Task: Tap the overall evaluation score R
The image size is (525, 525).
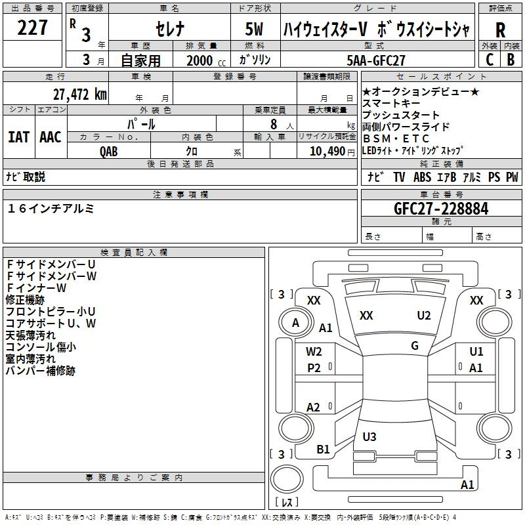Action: (500, 31)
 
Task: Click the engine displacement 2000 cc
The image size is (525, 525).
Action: (203, 60)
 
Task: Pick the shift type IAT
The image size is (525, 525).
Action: (18, 137)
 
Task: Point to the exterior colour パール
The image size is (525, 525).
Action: (141, 123)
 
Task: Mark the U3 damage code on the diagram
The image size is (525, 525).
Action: (369, 437)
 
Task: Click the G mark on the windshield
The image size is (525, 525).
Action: (415, 346)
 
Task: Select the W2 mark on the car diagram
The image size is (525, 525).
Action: (314, 352)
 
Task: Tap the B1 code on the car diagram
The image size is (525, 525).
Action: (324, 450)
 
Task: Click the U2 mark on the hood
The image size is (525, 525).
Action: (424, 316)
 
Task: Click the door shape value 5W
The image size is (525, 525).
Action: (255, 30)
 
